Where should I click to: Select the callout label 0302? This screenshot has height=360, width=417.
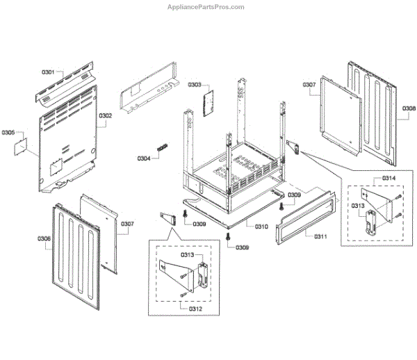point(105,115)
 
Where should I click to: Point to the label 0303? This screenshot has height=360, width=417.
point(194,85)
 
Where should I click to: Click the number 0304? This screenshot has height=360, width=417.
point(144,158)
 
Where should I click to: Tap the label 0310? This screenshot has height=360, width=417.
point(261,227)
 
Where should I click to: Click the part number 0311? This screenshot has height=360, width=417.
point(320,237)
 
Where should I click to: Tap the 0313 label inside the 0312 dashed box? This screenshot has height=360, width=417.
point(187,254)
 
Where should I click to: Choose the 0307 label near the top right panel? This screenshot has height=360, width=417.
point(309,85)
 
